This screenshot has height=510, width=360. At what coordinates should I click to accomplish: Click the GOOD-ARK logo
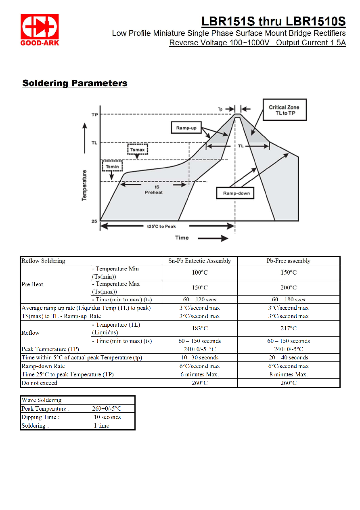[x=40, y=29]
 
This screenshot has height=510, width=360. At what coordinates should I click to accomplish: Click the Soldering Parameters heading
[x=75, y=83]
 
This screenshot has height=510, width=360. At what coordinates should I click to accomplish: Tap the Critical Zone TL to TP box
[x=285, y=110]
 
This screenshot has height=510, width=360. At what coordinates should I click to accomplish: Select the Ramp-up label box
[x=186, y=128]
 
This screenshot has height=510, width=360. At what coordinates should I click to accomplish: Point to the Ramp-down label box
[x=235, y=193]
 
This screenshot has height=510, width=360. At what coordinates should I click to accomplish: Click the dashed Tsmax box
[x=138, y=149]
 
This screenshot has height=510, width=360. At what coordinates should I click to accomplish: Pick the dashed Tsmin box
[x=112, y=166]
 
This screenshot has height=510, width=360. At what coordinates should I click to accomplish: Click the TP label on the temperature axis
[x=95, y=115]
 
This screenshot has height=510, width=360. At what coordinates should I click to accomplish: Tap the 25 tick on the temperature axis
[x=94, y=221]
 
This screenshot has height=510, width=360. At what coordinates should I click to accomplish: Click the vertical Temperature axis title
[x=84, y=185]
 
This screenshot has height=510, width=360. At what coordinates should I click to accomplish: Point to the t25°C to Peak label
[x=161, y=226]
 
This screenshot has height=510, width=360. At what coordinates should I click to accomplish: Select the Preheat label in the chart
[x=154, y=192]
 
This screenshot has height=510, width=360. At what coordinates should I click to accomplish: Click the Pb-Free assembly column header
[x=288, y=261]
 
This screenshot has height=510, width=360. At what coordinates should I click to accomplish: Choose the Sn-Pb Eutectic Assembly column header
[x=199, y=261]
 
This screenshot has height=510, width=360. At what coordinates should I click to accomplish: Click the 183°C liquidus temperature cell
[x=199, y=328]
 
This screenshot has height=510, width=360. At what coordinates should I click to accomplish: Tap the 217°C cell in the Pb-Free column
[x=288, y=328]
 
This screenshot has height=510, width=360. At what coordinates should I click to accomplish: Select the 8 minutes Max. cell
[x=288, y=375]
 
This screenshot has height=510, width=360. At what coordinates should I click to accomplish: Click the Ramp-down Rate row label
[x=43, y=366]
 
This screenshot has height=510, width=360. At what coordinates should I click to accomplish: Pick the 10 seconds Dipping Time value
[x=107, y=417]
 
